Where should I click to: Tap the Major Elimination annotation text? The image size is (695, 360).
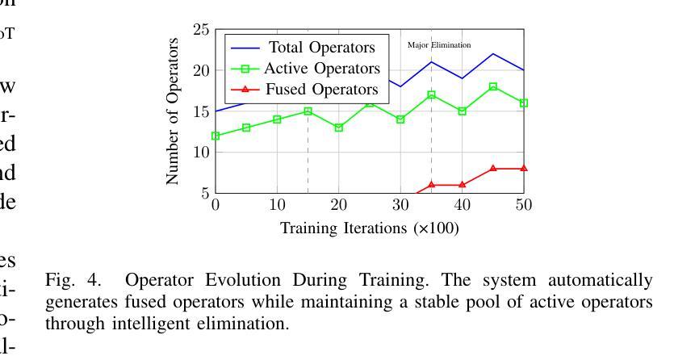coord(439,45)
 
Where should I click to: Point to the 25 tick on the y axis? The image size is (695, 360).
coord(201,31)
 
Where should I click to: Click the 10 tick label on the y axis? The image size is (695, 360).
coord(201,153)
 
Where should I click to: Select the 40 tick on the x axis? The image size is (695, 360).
coord(462,205)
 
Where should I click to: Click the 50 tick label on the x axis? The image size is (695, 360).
coord(524,205)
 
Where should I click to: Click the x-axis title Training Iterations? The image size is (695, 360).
coord(369,228)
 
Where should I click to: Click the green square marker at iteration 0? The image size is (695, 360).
coord(216,136)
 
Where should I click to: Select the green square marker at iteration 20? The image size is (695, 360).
coord(339,128)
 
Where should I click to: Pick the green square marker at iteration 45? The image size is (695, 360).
coord(493,86)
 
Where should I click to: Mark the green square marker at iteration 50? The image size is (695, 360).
coord(524,103)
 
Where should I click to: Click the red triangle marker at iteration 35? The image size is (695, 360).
coord(431,185)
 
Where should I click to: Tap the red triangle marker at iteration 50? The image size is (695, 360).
coord(524,168)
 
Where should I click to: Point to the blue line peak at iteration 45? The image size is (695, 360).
coord(493,54)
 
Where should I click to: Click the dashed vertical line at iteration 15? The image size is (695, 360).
coord(308,161)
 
